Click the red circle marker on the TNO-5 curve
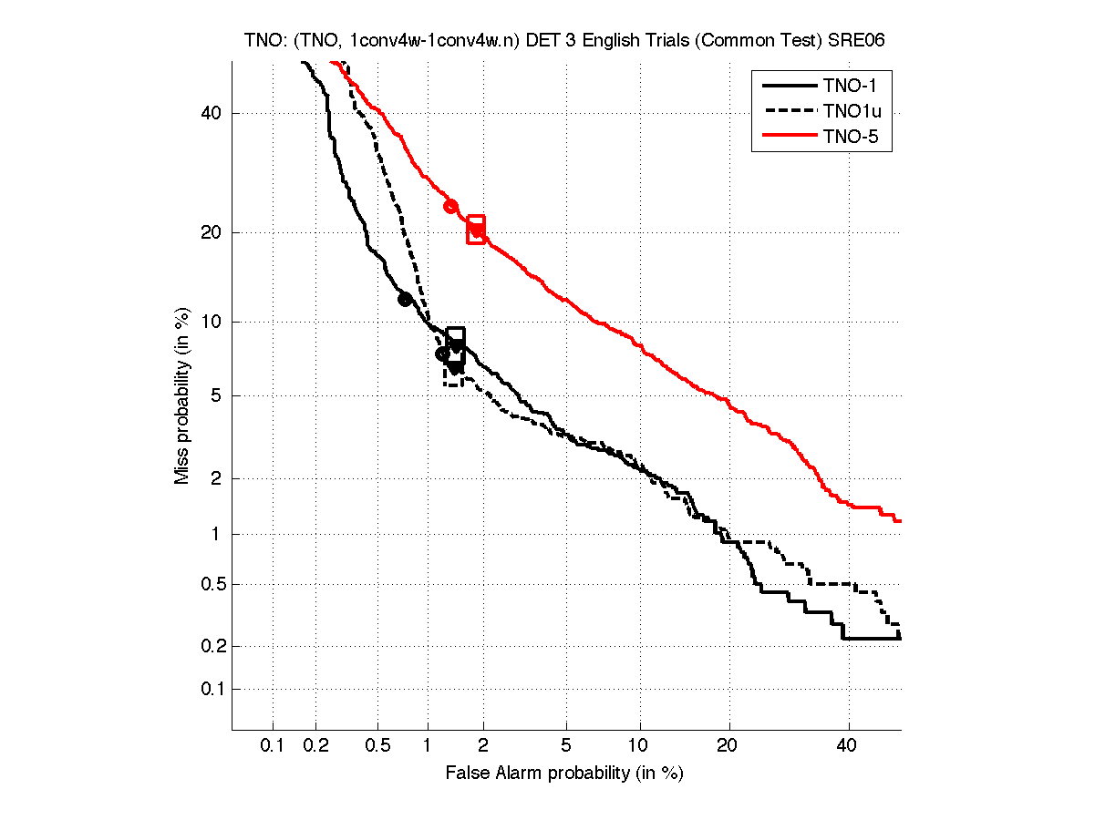(450, 206)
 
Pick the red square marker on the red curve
(476, 230)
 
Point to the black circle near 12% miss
(405, 299)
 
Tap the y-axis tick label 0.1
(212, 689)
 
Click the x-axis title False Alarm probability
(564, 774)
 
